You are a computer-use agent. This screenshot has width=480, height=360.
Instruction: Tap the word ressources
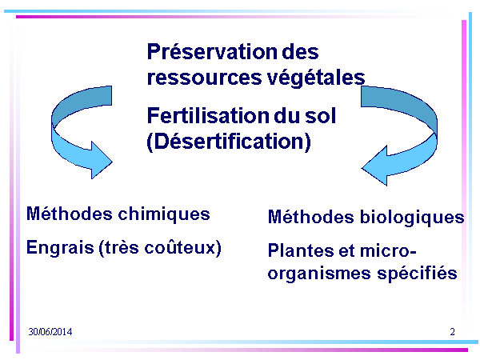pyautogui.click(x=205, y=77)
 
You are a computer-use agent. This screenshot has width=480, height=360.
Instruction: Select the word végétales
pyautogui.click(x=316, y=78)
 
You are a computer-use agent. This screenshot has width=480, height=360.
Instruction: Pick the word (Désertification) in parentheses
pyautogui.click(x=229, y=142)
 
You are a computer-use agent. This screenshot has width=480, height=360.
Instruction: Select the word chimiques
pyautogui.click(x=164, y=214)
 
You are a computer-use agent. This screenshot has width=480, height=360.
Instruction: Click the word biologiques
pyautogui.click(x=412, y=218)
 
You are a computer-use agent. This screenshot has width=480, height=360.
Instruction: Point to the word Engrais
pyautogui.click(x=60, y=247)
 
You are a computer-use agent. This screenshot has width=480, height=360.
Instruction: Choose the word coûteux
pyautogui.click(x=182, y=247)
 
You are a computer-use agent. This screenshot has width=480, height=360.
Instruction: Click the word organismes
pyautogui.click(x=319, y=274)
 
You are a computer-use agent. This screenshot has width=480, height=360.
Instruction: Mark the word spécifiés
pyautogui.click(x=417, y=273)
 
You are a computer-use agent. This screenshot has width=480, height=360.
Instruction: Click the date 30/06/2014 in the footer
pyautogui.click(x=50, y=332)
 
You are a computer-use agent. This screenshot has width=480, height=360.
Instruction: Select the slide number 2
pyautogui.click(x=453, y=332)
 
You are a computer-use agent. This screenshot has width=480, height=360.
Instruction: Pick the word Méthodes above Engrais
pyautogui.click(x=70, y=214)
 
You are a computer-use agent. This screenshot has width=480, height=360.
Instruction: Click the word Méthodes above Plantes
pyautogui.click(x=311, y=217)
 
